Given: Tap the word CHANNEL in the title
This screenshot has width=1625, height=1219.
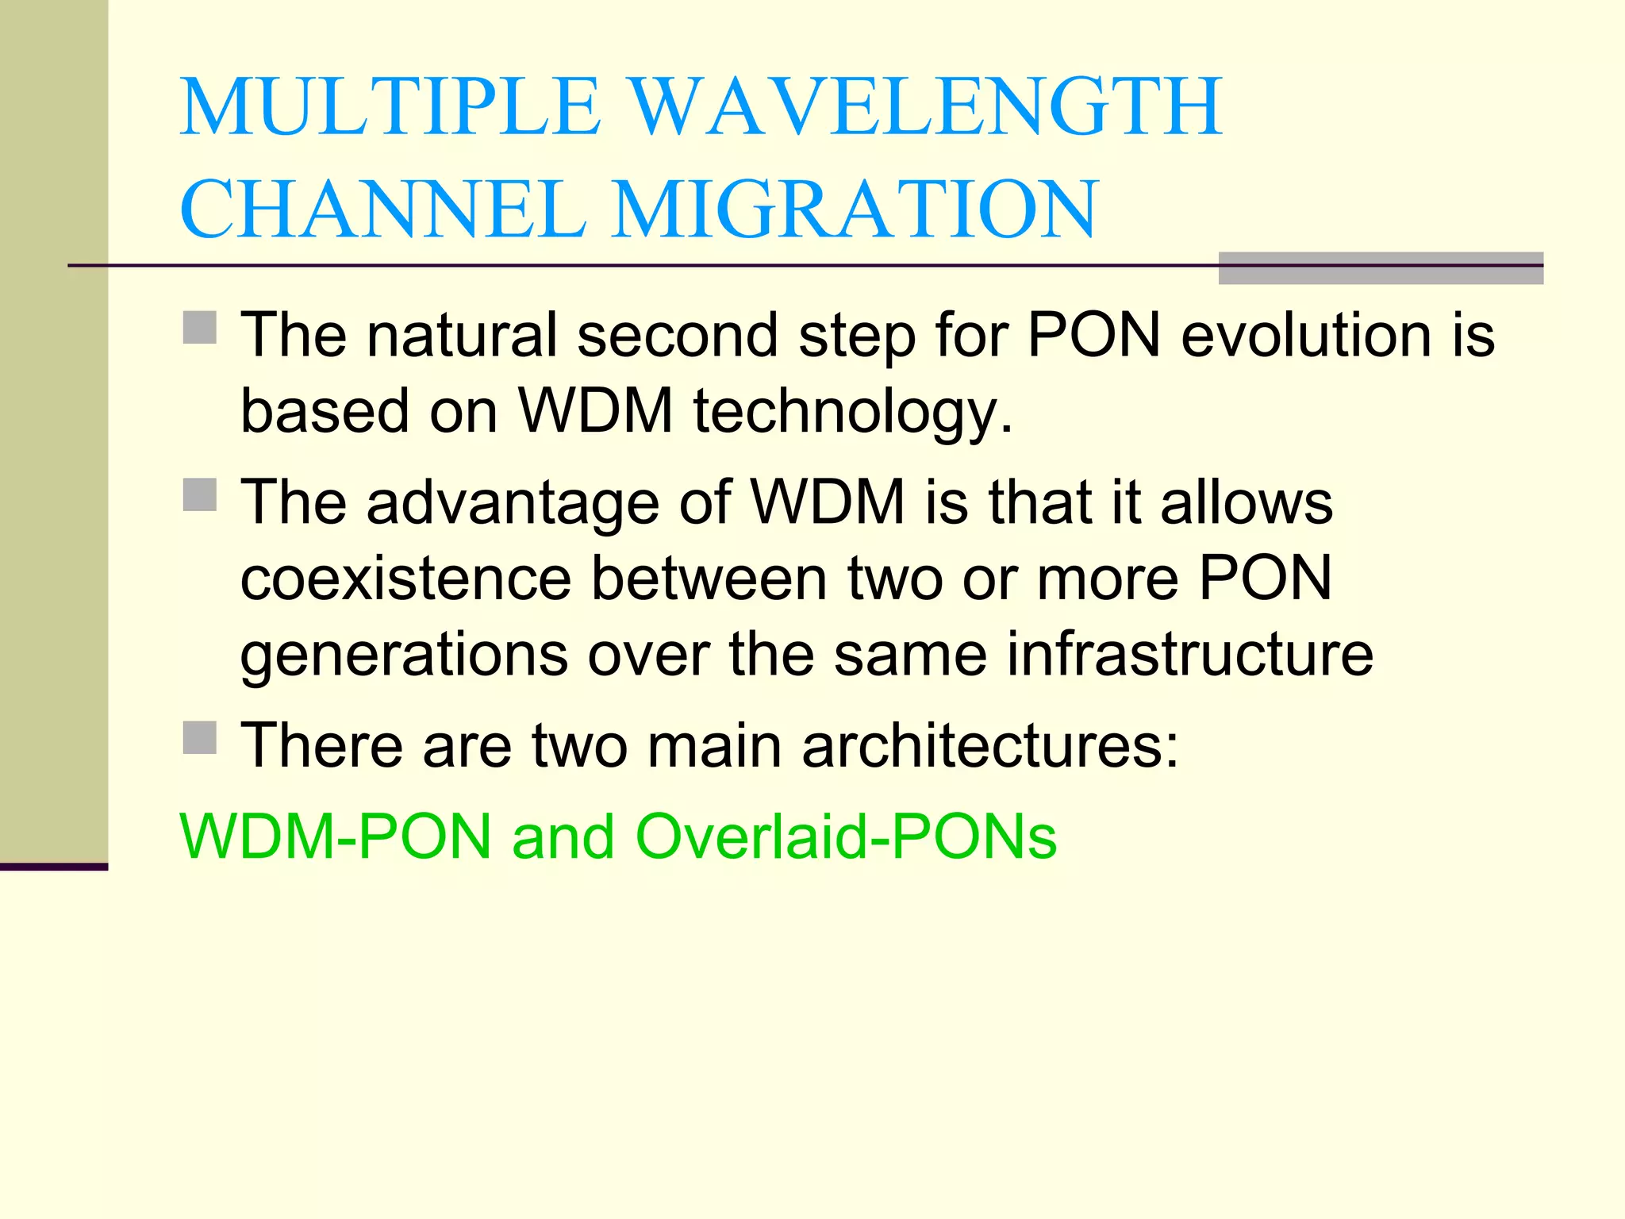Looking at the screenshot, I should point(382,209).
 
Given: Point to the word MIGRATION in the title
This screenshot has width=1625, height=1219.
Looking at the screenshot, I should point(855,209).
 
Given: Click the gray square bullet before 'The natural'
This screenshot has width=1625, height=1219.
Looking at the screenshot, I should point(200,327).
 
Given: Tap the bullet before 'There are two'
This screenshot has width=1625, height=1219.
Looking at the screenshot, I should point(200,737).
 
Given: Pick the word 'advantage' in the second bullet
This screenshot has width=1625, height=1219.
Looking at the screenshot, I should point(513,503).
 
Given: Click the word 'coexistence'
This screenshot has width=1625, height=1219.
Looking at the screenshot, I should point(405,579).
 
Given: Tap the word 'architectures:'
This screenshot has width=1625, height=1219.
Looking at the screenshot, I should point(990,746).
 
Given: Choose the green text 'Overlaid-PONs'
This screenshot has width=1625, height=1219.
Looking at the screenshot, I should point(846,836).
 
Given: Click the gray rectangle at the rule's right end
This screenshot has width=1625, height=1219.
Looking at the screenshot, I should point(1380,268).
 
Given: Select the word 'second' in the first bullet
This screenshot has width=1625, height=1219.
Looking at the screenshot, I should point(677,335).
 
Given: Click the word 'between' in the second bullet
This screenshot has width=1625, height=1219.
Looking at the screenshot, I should point(711,579).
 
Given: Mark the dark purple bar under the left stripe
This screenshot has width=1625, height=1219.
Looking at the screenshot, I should point(53,867).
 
